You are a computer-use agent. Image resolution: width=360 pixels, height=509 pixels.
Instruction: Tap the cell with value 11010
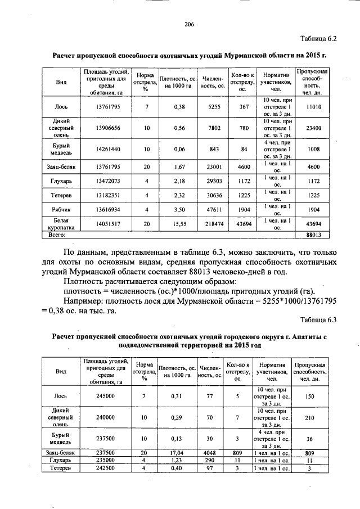(314, 106)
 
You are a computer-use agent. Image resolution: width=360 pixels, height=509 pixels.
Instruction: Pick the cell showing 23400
(314, 128)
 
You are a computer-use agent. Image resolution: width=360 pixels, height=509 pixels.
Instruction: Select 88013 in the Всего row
(313, 235)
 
